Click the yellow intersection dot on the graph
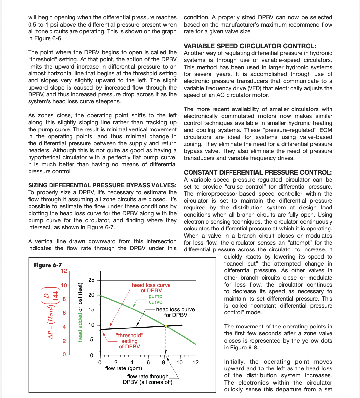166,326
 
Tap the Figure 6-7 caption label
48,265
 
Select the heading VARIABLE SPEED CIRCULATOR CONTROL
250,46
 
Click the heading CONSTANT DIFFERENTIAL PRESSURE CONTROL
258,172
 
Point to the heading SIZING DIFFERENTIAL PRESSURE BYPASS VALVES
102,185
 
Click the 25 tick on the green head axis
91,280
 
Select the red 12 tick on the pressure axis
64,271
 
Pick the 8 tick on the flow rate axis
163,362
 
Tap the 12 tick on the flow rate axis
195,362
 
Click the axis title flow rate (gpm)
124,368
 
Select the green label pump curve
155,299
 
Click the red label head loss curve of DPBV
151,288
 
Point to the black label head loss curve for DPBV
175,312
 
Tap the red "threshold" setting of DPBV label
130,341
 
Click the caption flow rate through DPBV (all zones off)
148,379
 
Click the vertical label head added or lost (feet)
80,312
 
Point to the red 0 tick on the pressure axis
64,355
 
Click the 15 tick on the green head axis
91,309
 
